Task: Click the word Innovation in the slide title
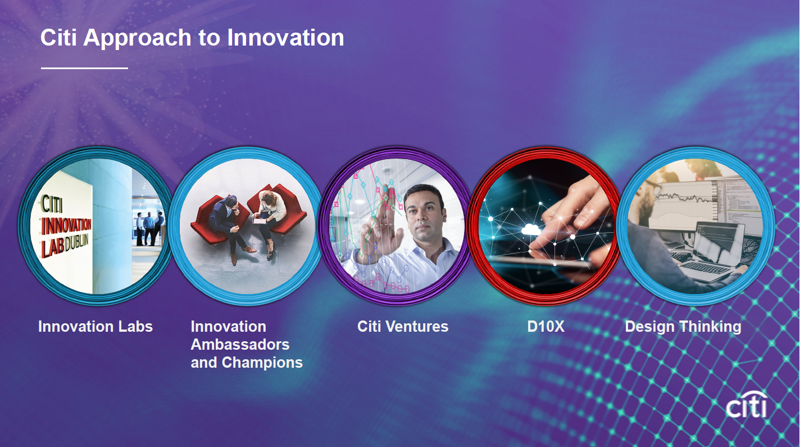tap(285, 38)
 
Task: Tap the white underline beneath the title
tap(84, 68)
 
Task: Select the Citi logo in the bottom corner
tap(747, 405)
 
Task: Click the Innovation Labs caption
tap(96, 327)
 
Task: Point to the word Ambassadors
tap(240, 345)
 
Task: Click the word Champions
tap(262, 363)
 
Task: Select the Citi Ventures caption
tap(403, 327)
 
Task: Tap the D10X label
tap(546, 327)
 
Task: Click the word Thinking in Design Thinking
tap(710, 327)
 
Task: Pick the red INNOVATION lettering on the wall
tap(66, 226)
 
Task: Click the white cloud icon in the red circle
tap(531, 229)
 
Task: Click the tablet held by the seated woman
tap(260, 221)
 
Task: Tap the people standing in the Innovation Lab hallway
tap(150, 229)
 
